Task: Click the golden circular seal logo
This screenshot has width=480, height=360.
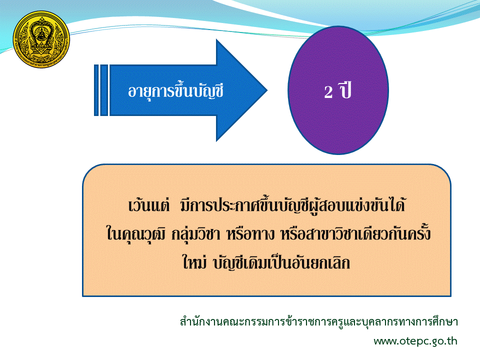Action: pyautogui.click(x=41, y=39)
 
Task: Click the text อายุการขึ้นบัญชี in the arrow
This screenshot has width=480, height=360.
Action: pyautogui.click(x=175, y=91)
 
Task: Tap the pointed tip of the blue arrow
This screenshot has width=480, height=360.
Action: pyautogui.click(x=267, y=90)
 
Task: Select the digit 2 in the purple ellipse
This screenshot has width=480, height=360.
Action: pyautogui.click(x=328, y=92)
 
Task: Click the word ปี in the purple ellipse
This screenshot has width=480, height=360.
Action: pyautogui.click(x=345, y=90)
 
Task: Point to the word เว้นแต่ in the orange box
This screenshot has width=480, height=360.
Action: pyautogui.click(x=149, y=205)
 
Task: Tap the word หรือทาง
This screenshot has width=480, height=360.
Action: pyautogui.click(x=250, y=234)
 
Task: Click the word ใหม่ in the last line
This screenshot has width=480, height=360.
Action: pyautogui.click(x=194, y=262)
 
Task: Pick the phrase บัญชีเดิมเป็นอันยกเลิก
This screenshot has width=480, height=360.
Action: pyautogui.click(x=281, y=263)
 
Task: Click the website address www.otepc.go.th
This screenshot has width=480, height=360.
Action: pyautogui.click(x=415, y=341)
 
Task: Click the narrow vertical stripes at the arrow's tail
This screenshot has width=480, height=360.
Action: pyautogui.click(x=101, y=90)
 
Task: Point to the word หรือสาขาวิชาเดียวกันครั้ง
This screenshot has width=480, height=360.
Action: pyautogui.click(x=355, y=233)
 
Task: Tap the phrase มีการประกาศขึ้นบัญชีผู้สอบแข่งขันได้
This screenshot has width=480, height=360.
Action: pyautogui.click(x=292, y=204)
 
